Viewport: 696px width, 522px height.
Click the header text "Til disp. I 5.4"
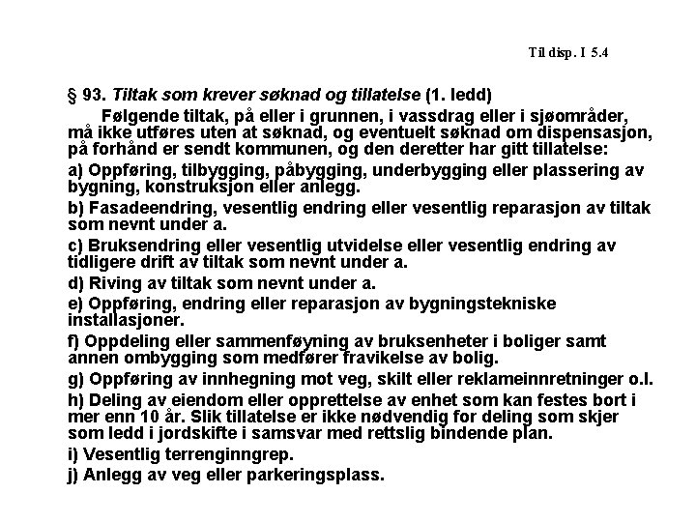(568, 51)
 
